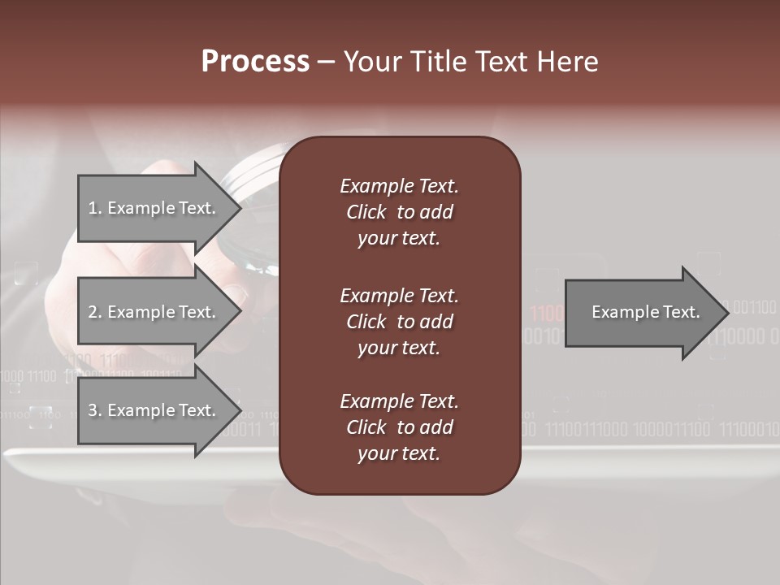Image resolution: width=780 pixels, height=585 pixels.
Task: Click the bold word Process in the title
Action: coord(255,62)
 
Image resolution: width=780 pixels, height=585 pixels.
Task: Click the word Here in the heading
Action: coord(567,62)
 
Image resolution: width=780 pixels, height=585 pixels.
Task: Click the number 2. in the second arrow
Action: coord(94,312)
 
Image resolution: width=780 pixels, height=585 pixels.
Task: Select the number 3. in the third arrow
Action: coord(94,410)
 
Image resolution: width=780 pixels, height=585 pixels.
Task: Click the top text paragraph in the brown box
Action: coord(399,212)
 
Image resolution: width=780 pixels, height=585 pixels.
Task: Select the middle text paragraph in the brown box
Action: coord(399,321)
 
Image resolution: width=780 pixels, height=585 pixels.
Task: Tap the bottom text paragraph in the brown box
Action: coord(399,427)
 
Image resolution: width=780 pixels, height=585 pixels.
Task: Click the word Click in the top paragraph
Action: coord(366,212)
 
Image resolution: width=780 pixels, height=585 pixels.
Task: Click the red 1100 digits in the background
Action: coord(545,314)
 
